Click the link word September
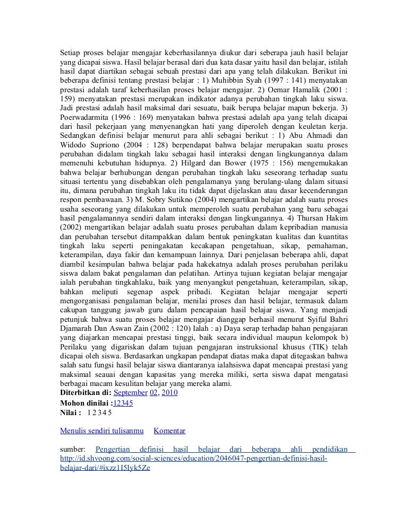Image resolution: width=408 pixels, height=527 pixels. pos(130,393)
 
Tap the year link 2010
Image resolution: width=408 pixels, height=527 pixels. pos(169,393)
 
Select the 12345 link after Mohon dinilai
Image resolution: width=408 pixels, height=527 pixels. pos(123,402)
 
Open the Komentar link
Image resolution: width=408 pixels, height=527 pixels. pos(169,431)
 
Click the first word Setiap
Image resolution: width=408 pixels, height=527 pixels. pos(70,54)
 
